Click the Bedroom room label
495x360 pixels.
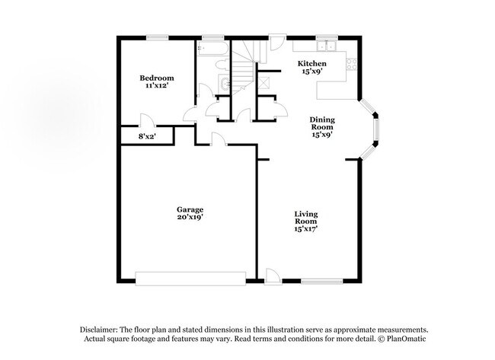coord(156,78)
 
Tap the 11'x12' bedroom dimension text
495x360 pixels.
coord(156,86)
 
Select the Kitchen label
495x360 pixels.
coord(311,63)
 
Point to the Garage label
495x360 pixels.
coord(190,209)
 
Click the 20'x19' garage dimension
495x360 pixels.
coord(190,217)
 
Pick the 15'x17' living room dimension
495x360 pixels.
coord(306,228)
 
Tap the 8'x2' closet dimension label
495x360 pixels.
coord(146,135)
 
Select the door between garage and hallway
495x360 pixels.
coord(219,139)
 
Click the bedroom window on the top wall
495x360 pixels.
coord(158,36)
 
